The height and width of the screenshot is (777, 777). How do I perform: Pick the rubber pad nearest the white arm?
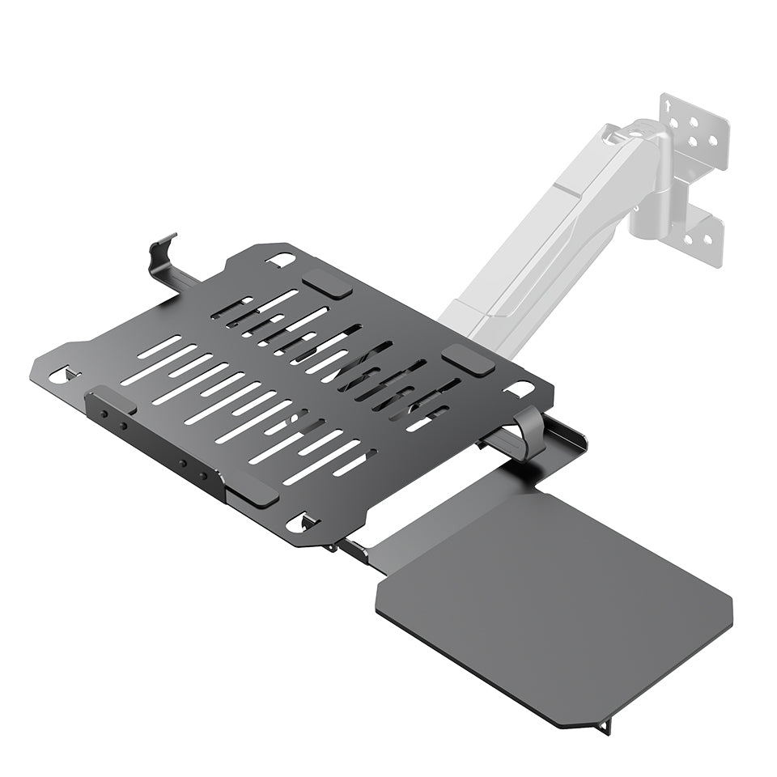pos(468,359)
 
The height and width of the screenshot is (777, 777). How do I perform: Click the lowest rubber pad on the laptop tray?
pos(253,490)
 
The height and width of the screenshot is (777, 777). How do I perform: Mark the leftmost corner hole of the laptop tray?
pos(59,375)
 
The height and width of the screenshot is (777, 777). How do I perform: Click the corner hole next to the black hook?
pos(281,260)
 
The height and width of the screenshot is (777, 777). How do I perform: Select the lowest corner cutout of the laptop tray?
pos(304,520)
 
